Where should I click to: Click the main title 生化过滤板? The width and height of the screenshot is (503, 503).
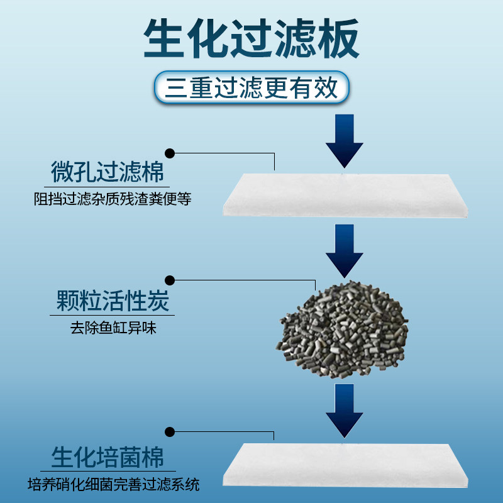tap(251, 39)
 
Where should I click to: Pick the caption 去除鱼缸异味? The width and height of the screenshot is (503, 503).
tap(113, 329)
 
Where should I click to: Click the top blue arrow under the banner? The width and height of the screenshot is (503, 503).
tap(344, 141)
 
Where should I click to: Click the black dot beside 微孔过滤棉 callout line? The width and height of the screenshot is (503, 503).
tap(170, 153)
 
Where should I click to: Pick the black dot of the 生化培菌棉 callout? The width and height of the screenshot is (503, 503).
tap(170, 431)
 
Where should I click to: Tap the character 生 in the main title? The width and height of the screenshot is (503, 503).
tap(165, 39)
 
